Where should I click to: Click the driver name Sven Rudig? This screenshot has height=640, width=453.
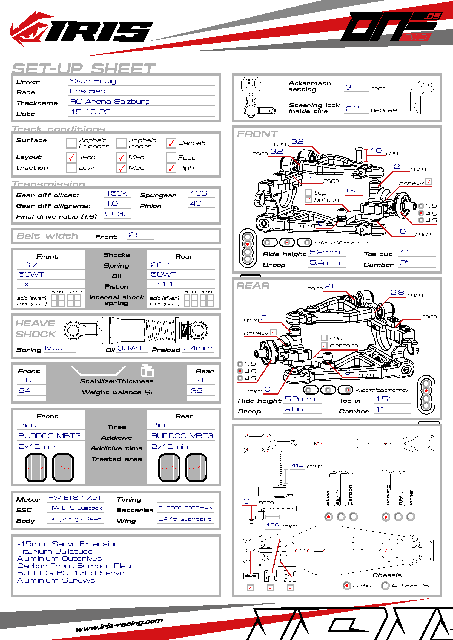(93, 81)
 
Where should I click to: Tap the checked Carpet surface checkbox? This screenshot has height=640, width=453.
(171, 143)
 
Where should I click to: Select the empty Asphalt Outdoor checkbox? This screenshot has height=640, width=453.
(71, 143)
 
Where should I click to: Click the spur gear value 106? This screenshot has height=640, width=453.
(199, 193)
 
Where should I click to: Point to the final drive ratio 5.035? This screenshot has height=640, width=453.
(117, 214)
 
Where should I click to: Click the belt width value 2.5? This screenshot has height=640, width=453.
(135, 235)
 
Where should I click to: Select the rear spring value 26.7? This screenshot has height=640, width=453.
(160, 265)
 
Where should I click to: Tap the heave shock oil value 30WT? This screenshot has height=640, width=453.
(130, 348)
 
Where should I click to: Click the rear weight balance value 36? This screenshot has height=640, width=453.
(197, 390)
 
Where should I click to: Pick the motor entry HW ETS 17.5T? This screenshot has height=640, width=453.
(75, 497)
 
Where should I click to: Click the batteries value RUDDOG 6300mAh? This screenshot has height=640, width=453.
(185, 508)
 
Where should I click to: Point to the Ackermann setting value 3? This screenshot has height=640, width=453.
(348, 87)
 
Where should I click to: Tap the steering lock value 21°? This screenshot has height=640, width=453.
(352, 109)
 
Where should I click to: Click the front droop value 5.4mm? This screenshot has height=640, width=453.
(325, 263)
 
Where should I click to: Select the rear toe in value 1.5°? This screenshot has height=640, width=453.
(383, 399)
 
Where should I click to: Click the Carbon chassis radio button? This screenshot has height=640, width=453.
(347, 586)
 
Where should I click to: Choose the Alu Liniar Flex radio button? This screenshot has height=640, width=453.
(386, 586)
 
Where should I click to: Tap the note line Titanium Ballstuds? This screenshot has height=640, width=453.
(55, 551)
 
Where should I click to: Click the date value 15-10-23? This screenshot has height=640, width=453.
(91, 112)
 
